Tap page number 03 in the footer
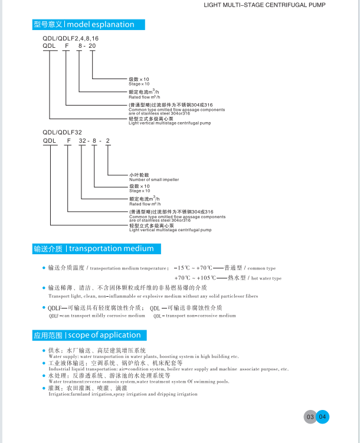tap(309, 417)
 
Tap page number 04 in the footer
tap(322, 417)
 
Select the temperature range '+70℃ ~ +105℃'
tap(194, 278)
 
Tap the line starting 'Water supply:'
tap(143, 357)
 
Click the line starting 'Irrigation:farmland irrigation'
tap(123, 394)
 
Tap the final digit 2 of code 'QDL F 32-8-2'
tap(107, 141)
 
